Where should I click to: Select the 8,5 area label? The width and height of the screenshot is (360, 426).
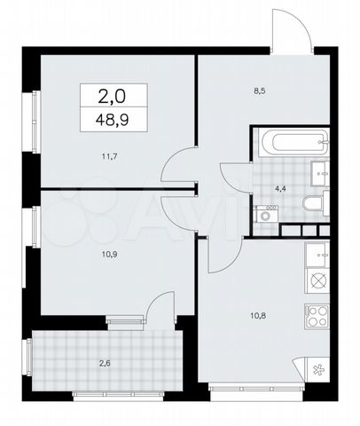coord(260,91)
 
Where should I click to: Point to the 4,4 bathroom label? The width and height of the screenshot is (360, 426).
coord(279,188)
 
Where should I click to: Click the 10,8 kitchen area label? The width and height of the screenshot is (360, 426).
coord(258,316)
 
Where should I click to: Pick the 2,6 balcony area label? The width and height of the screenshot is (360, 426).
coord(105,363)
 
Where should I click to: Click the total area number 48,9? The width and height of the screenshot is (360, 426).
coord(113,120)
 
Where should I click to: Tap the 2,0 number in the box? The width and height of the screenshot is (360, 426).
coord(112,97)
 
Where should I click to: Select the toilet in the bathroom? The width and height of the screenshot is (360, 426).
coord(316,203)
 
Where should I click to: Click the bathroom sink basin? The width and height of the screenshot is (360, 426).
coord(320,174)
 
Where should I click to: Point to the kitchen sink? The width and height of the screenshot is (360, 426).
coord(317,255)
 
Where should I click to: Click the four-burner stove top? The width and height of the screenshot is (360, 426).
coord(317,317)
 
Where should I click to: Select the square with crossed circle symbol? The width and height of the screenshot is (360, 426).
coord(317,280)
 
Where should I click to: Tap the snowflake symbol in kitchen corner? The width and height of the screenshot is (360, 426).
coord(317,370)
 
